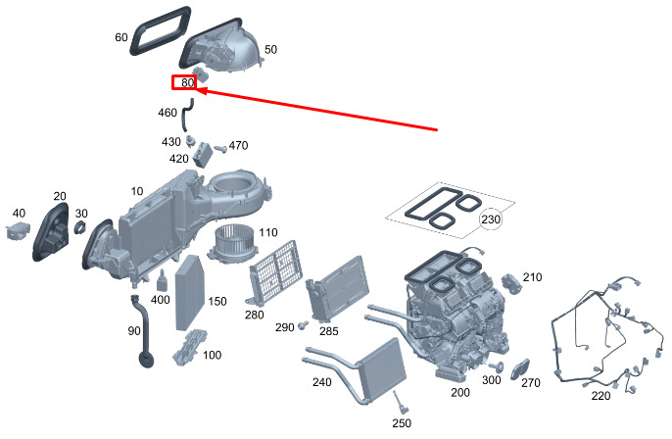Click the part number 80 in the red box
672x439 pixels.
pyautogui.click(x=186, y=83)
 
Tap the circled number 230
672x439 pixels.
pyautogui.click(x=490, y=220)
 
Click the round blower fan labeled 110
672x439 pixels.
pyautogui.click(x=234, y=249)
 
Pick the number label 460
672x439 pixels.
pyautogui.click(x=168, y=114)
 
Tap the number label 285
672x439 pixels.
pyautogui.click(x=329, y=331)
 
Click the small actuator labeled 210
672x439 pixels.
pyautogui.click(x=511, y=282)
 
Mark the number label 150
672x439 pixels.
pyautogui.click(x=216, y=301)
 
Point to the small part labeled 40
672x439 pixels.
pyautogui.click(x=19, y=231)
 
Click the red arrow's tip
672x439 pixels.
pyautogui.click(x=201, y=90)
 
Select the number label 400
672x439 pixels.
pyautogui.click(x=160, y=299)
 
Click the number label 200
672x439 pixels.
pyautogui.click(x=459, y=392)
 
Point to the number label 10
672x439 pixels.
pyautogui.click(x=136, y=190)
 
